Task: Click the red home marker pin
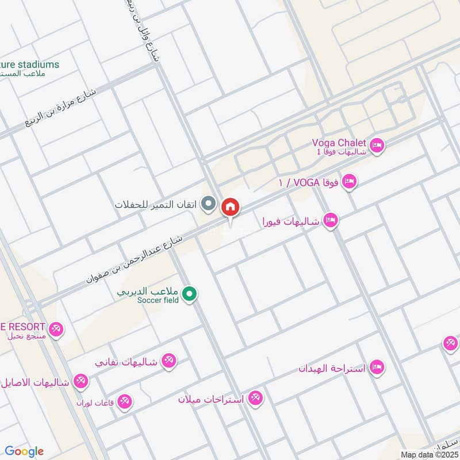click(x=231, y=207)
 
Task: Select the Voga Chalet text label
click(x=339, y=143)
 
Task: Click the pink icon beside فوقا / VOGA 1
click(x=349, y=183)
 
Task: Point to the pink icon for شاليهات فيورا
click(x=330, y=220)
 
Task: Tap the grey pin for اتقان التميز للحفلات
click(x=210, y=204)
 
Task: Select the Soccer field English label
click(x=158, y=300)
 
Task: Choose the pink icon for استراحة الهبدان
click(x=377, y=367)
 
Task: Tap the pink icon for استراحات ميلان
click(x=255, y=398)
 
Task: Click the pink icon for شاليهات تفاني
click(x=168, y=362)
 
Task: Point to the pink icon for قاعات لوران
click(x=124, y=402)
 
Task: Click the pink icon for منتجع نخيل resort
click(x=56, y=330)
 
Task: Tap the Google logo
click(x=24, y=451)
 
